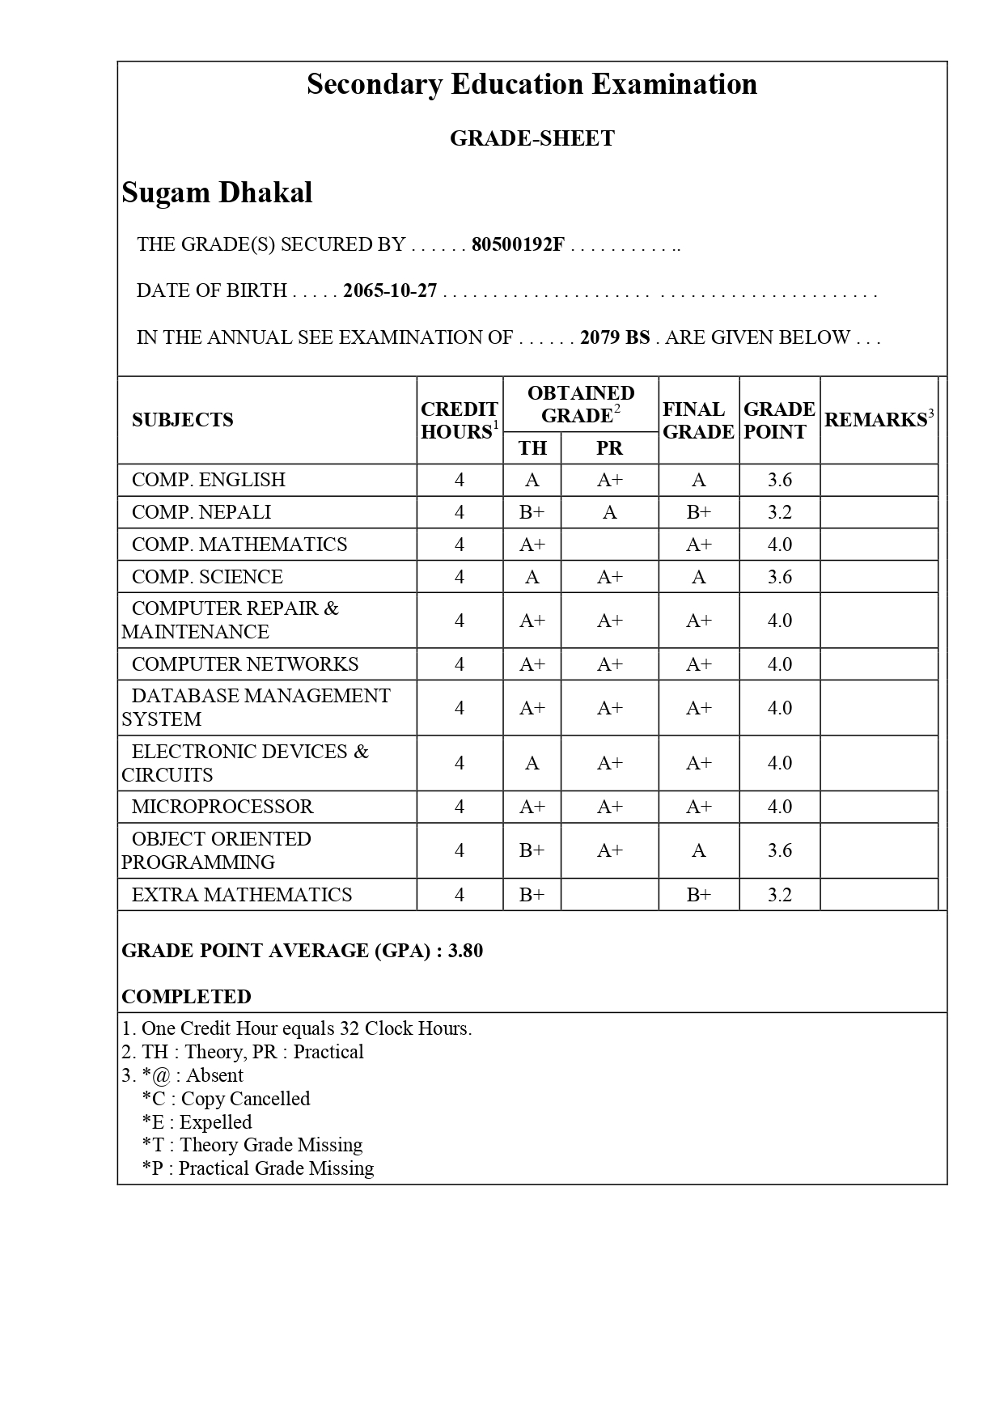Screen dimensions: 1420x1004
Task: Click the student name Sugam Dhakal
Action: click(217, 193)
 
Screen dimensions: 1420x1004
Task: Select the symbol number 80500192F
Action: click(518, 244)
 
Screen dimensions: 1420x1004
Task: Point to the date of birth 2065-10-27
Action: click(390, 290)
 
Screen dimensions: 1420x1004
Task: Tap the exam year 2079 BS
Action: click(615, 337)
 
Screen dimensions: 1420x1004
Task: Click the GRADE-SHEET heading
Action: click(532, 138)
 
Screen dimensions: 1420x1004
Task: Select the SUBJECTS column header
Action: click(182, 420)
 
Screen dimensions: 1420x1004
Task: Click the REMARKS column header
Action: click(879, 420)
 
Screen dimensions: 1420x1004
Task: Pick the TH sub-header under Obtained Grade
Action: click(532, 448)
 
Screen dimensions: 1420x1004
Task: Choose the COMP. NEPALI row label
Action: click(201, 512)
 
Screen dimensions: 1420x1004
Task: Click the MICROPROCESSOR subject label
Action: click(222, 807)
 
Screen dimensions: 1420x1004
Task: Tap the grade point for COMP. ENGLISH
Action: click(779, 480)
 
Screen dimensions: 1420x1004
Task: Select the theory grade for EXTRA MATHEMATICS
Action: click(532, 895)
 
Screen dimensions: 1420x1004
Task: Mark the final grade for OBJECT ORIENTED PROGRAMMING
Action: click(698, 850)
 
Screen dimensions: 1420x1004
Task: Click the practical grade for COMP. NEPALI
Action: click(609, 512)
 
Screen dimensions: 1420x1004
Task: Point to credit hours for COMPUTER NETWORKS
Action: click(460, 664)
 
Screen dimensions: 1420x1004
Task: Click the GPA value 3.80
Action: click(465, 951)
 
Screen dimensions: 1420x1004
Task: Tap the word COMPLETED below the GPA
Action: click(186, 997)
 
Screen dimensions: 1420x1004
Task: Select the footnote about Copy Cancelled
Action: click(226, 1099)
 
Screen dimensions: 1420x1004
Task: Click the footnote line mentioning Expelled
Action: click(197, 1122)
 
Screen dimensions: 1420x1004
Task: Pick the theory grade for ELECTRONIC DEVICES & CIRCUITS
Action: click(532, 763)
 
